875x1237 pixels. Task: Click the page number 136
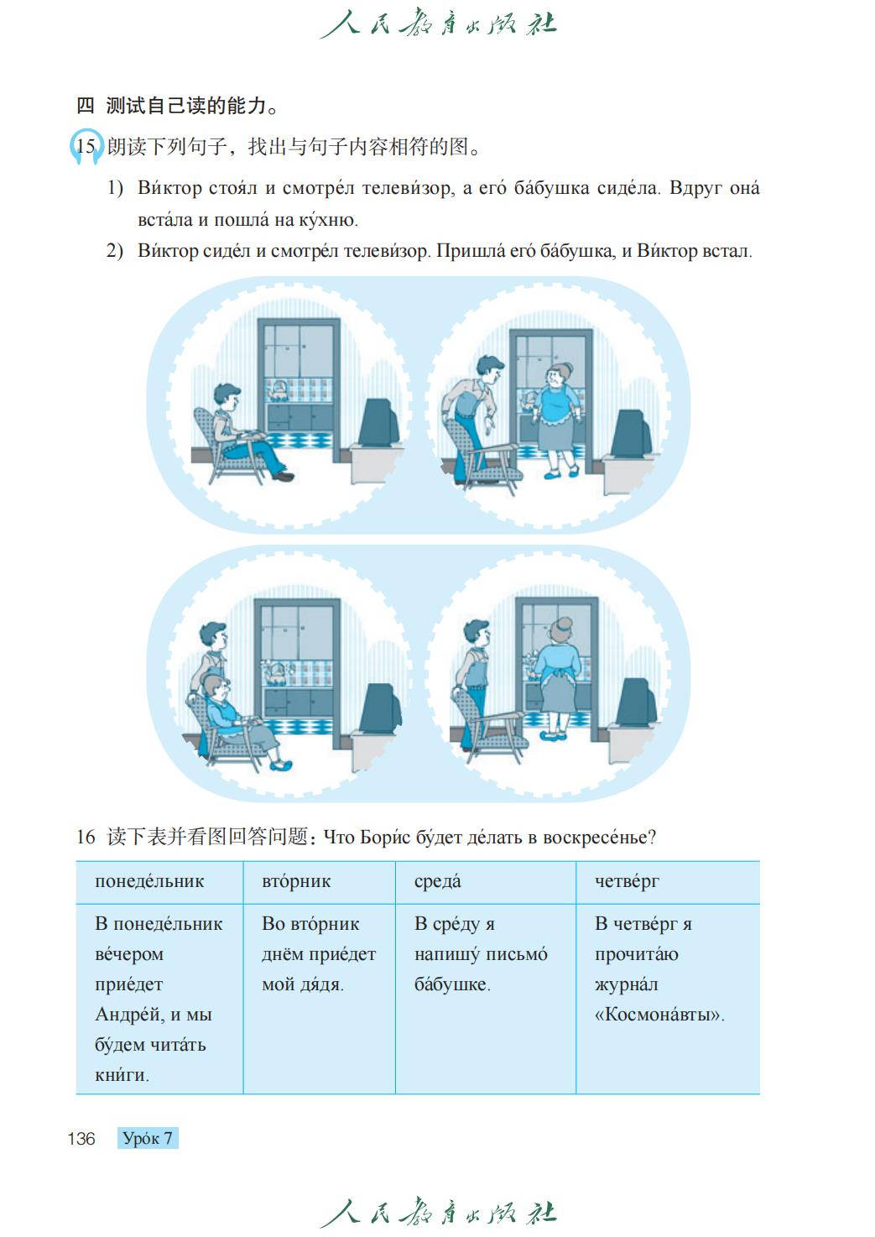[x=81, y=1139]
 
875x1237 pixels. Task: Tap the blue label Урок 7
[x=148, y=1138]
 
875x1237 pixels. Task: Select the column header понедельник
[x=149, y=882]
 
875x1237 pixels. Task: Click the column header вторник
[x=296, y=882]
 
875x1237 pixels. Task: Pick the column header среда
[x=437, y=882]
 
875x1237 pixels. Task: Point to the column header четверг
[x=627, y=882]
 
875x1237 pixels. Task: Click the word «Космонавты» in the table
[x=659, y=1015]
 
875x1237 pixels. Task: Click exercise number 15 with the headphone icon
[x=86, y=146]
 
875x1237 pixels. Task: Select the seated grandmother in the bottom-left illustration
[x=237, y=718]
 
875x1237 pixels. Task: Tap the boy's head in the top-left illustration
[x=227, y=399]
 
